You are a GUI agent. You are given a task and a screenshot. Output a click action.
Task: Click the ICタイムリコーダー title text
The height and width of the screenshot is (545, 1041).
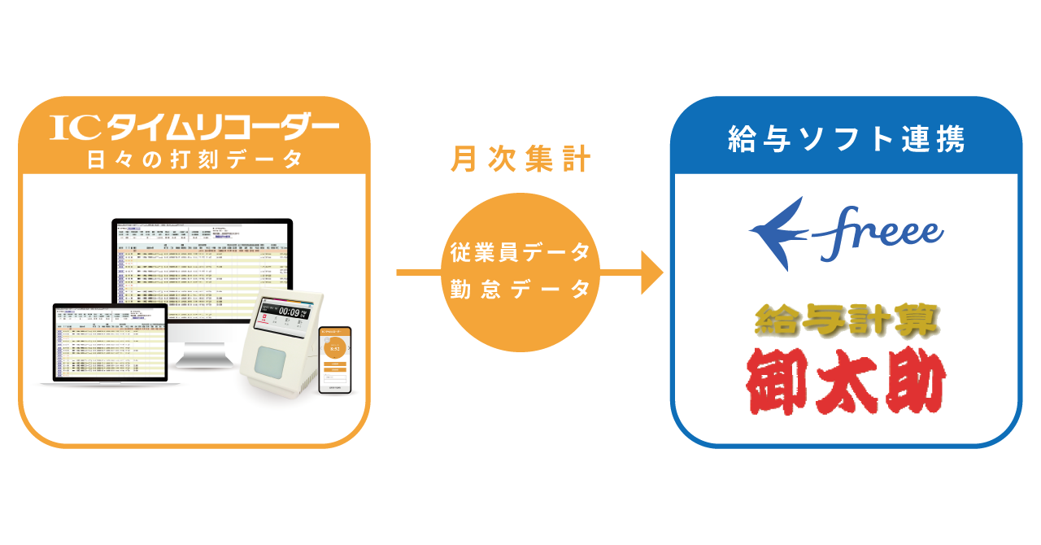point(194,128)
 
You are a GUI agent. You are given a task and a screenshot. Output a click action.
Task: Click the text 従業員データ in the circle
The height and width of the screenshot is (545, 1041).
point(520,253)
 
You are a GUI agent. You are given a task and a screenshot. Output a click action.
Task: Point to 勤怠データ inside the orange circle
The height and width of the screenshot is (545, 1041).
point(520,290)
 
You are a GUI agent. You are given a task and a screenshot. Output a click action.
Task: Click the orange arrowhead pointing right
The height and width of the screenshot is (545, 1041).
point(651,272)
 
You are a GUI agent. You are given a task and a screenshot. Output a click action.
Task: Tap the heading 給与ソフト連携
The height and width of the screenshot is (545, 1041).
point(846,139)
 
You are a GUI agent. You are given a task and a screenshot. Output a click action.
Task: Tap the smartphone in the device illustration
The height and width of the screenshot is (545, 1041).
point(334,360)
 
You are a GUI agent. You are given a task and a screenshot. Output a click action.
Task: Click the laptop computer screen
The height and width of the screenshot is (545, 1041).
point(110,342)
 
